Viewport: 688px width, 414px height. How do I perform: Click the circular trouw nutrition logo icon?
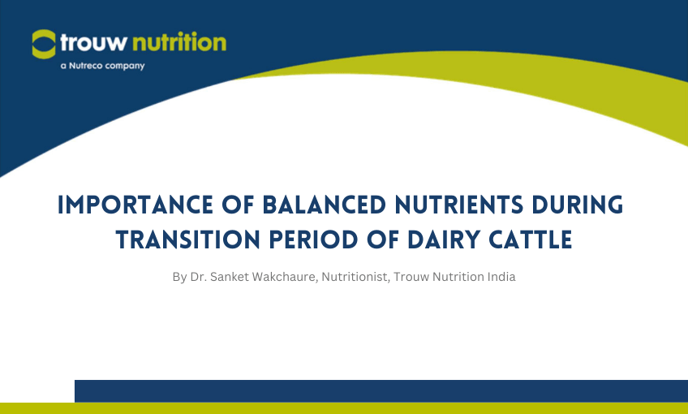(x=45, y=43)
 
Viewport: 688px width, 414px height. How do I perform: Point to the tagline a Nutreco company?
(x=102, y=66)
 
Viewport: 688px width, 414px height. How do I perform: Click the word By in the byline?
(x=179, y=278)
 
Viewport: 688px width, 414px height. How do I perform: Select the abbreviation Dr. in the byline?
(x=200, y=277)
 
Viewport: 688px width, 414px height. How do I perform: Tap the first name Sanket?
(x=231, y=277)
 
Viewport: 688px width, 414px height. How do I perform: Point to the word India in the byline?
(x=500, y=277)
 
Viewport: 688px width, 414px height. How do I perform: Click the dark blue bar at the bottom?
(x=381, y=390)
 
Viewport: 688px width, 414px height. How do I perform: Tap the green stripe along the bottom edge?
(x=344, y=408)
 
